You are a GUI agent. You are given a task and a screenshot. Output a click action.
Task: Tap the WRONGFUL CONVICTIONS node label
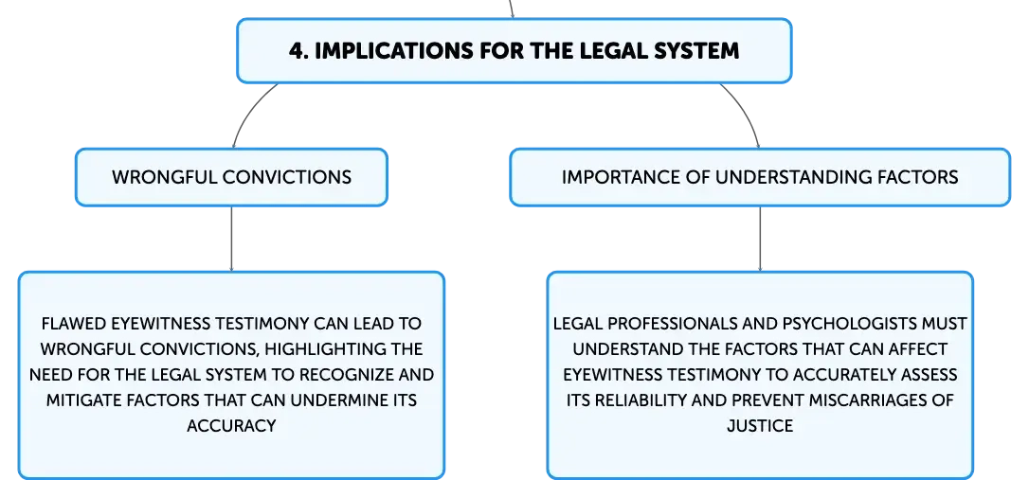231,177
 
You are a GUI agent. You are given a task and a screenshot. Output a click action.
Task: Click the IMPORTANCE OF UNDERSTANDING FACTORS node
760,177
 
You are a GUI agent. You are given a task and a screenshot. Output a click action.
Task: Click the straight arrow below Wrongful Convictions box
231,239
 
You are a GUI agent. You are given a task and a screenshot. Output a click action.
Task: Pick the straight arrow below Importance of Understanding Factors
760,239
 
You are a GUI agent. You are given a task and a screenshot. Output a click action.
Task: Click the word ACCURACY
231,426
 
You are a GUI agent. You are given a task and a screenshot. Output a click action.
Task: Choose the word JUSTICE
760,426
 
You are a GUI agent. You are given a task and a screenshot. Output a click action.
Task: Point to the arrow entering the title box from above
512,9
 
